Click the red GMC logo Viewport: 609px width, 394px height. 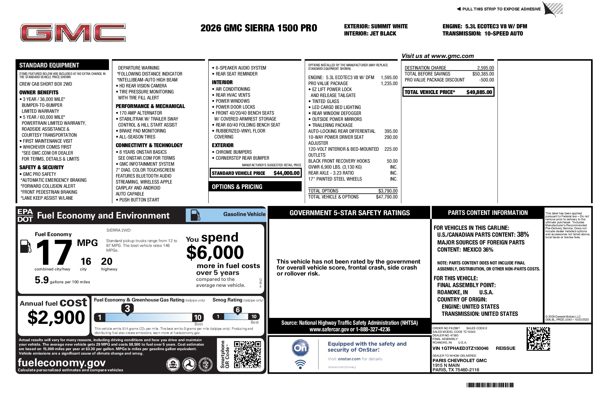point(73,33)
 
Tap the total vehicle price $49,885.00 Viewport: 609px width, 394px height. point(479,92)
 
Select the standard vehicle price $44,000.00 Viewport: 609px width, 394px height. point(286,173)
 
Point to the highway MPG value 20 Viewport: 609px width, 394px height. point(107,261)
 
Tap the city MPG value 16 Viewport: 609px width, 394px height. point(86,261)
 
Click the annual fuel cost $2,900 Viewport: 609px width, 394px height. point(56,317)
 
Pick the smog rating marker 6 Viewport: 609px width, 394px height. point(238,310)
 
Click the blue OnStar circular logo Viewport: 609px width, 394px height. point(300,348)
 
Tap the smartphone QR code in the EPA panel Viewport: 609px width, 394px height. point(247,354)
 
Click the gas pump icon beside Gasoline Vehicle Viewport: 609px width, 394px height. point(195,215)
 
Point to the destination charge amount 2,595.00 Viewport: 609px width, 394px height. point(485,68)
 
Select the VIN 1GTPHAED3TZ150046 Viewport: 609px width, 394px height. point(460,348)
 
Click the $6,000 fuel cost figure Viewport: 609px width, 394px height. point(215,253)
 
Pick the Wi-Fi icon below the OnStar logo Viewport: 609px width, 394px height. point(300,364)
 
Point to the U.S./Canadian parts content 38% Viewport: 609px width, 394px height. point(523,235)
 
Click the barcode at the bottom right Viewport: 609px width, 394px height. point(490,385)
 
